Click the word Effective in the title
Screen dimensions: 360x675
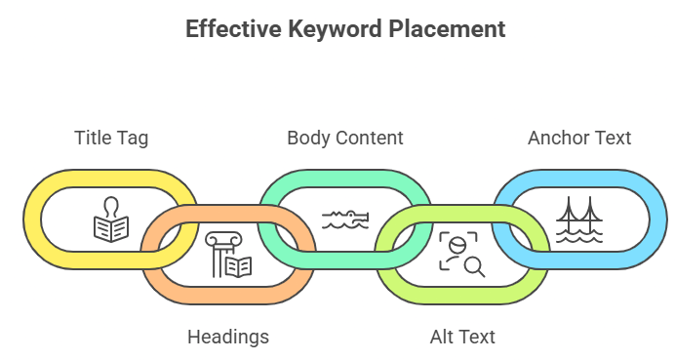pos(230,29)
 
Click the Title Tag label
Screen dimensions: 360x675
pos(111,138)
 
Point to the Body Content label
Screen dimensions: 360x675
pos(344,138)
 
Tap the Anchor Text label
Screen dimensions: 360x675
pos(579,138)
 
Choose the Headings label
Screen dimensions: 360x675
pos(227,338)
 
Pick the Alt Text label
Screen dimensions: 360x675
pos(462,338)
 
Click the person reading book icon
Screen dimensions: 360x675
pos(110,220)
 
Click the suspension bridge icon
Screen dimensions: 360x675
pos(578,220)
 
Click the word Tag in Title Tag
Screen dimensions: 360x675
pos(133,138)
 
